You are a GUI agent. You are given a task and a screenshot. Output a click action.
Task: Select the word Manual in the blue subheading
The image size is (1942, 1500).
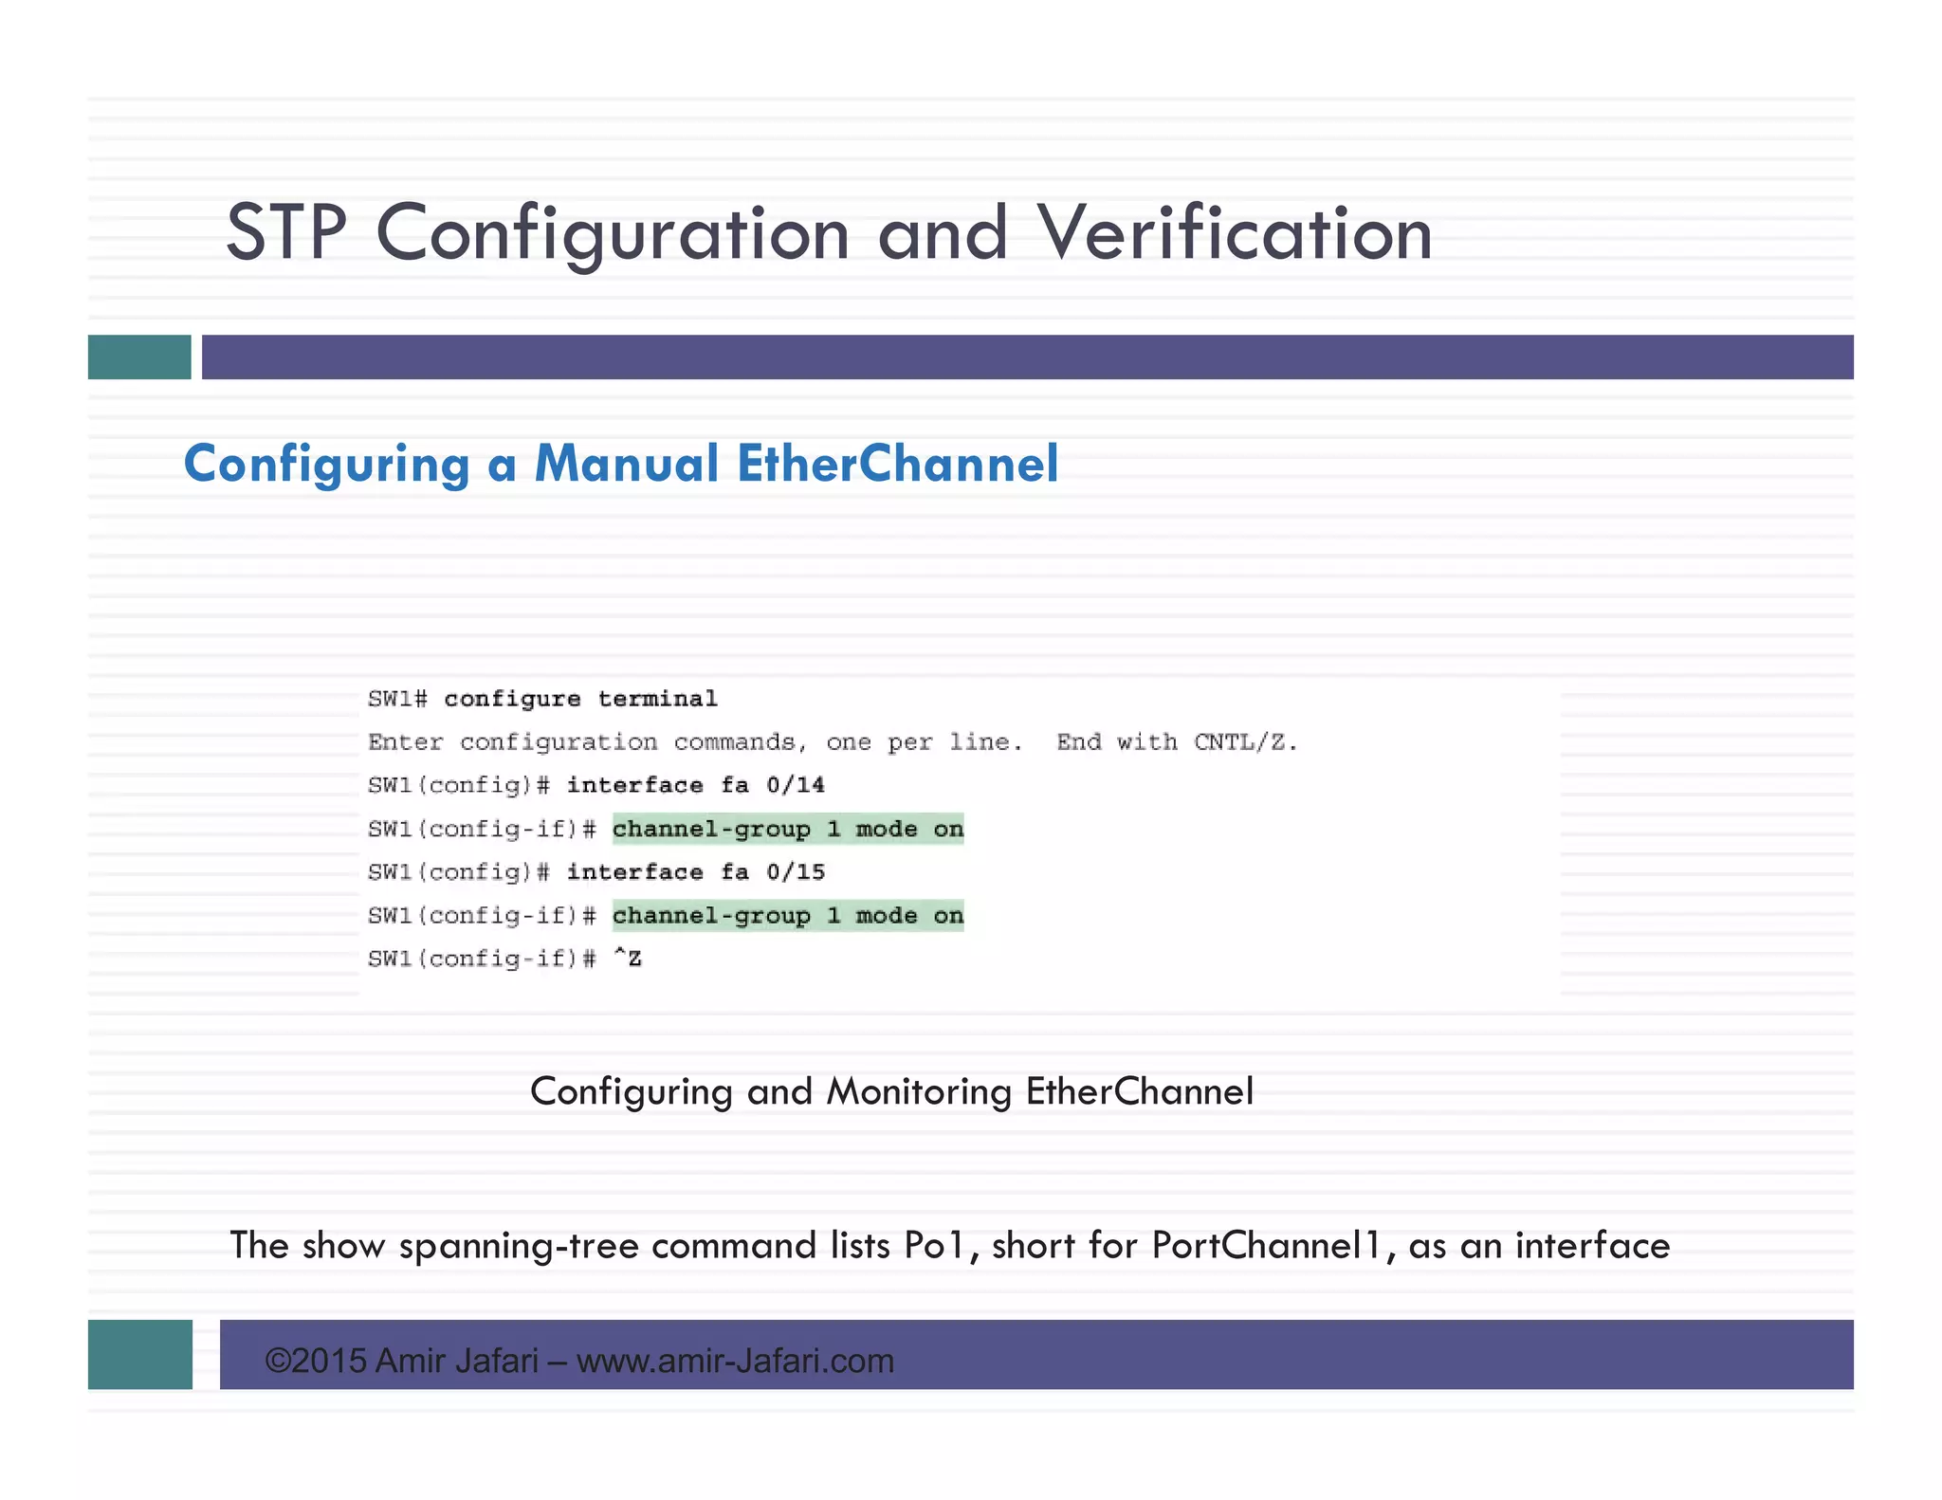(x=626, y=464)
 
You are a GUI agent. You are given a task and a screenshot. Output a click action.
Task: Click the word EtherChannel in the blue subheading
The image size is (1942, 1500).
(x=897, y=464)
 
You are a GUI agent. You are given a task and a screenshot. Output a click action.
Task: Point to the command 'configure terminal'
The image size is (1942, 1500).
(x=580, y=700)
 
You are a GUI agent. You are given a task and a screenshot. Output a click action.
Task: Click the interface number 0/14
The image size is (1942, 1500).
(x=795, y=786)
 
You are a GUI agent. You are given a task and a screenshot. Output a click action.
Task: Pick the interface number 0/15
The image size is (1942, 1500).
(x=795, y=872)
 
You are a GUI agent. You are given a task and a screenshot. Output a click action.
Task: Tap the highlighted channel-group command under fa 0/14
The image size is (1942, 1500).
(x=787, y=830)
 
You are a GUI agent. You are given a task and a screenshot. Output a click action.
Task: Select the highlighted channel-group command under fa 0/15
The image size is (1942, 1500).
(x=787, y=916)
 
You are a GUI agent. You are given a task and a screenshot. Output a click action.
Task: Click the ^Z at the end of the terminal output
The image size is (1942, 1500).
(x=627, y=959)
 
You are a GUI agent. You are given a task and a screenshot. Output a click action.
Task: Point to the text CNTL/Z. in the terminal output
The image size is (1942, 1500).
(x=1244, y=742)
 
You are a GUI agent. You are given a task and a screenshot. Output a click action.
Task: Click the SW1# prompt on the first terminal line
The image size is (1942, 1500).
(x=397, y=700)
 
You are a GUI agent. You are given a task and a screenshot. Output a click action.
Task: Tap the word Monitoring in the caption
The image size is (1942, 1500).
(x=919, y=1091)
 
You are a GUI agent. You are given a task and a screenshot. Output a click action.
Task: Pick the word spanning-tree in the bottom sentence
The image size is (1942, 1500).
(x=519, y=1246)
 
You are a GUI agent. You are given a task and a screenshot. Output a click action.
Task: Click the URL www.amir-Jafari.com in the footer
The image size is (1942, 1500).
(x=735, y=1362)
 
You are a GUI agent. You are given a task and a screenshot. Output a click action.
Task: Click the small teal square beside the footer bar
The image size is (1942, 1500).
(x=140, y=1354)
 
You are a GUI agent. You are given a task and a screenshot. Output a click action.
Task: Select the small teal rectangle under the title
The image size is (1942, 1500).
(x=139, y=357)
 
